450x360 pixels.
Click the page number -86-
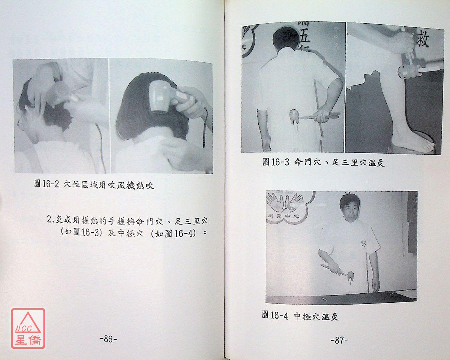click(x=108, y=339)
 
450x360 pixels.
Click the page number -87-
click(x=339, y=341)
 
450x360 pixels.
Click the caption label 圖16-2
click(x=46, y=184)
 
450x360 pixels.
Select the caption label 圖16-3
click(x=276, y=162)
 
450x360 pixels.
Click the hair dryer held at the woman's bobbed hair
click(x=167, y=98)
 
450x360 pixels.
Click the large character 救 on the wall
click(x=422, y=40)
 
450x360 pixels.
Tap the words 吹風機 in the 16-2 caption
click(x=121, y=185)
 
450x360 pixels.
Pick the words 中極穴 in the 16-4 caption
click(x=307, y=316)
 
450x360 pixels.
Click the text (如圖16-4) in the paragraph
click(x=174, y=233)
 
